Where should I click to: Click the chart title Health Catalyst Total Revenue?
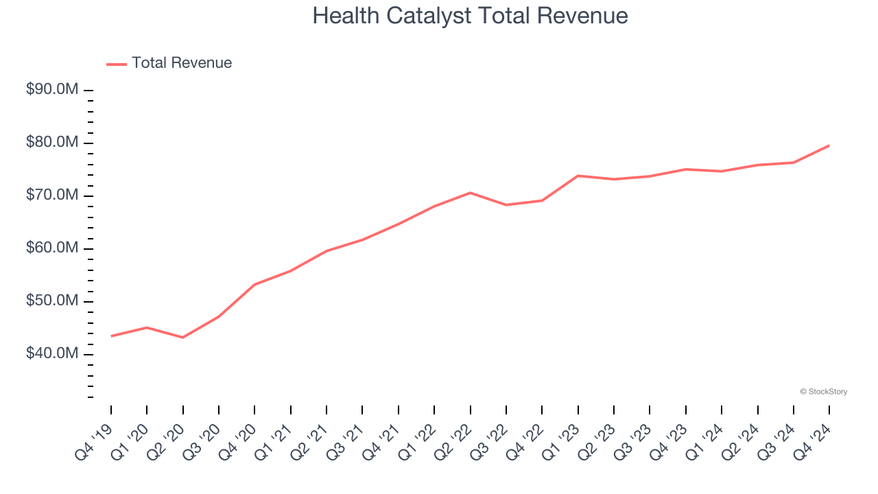470,16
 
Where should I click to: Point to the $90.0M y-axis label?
51,90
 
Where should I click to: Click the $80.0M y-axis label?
51,143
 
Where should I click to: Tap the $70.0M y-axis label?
51,196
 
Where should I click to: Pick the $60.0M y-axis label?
51,248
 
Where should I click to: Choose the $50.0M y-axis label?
51,301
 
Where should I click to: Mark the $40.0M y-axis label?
51,354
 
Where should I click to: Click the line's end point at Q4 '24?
829,145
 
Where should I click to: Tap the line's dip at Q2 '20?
182,338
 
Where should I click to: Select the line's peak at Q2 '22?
470,193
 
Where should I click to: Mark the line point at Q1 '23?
578,176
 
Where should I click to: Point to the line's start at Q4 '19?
111,336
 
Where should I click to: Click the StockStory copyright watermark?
824,392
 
